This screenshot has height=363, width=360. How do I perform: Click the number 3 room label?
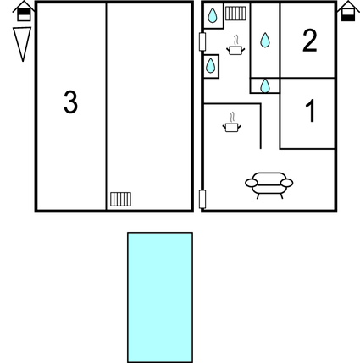tap(70, 102)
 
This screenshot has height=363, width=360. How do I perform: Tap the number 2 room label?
tap(310, 41)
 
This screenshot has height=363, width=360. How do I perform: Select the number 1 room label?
tap(310, 111)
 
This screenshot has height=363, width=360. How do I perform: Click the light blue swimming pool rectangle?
tap(160, 297)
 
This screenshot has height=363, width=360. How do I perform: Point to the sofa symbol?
tap(269, 185)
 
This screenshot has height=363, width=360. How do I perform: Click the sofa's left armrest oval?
tap(252, 183)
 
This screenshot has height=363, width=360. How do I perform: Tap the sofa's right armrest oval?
tap(287, 183)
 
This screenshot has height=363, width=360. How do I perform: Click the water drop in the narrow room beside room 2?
tap(265, 40)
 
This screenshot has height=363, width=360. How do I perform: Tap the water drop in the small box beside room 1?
tap(265, 85)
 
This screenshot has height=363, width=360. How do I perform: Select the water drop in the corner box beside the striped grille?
tap(213, 15)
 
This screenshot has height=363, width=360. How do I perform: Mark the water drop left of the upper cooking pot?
tap(210, 66)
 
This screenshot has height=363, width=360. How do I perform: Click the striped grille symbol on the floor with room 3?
tap(120, 199)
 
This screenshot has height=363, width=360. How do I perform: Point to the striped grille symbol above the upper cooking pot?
tap(235, 14)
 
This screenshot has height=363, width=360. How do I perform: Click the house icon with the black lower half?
tap(348, 11)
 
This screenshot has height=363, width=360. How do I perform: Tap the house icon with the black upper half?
tap(24, 11)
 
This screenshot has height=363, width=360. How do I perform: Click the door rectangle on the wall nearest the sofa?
tap(202, 199)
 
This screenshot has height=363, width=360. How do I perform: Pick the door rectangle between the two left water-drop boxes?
tap(202, 41)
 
